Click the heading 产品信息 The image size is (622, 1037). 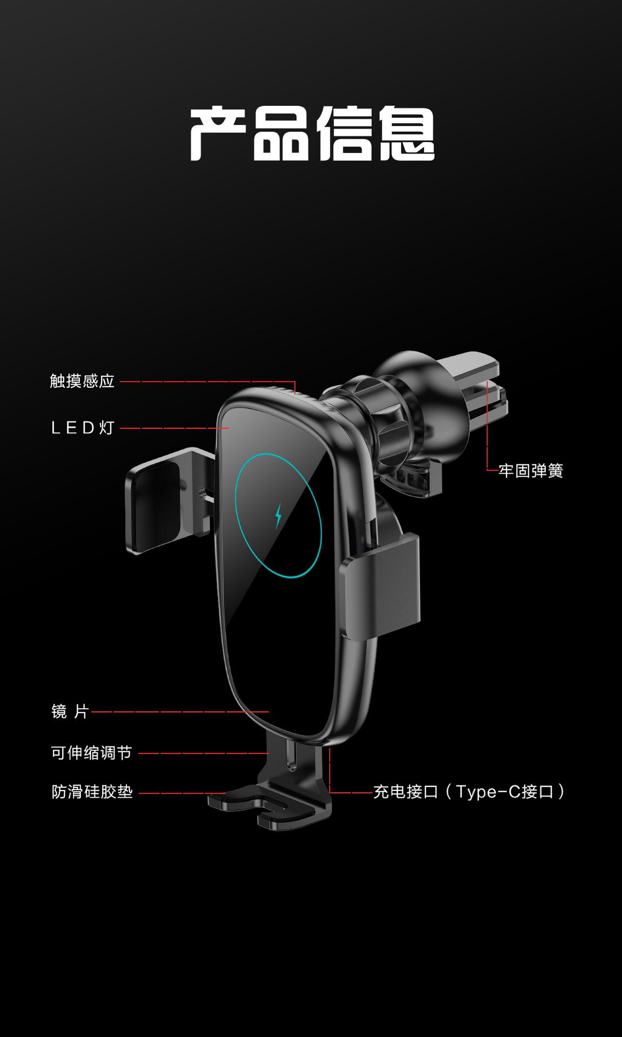(x=312, y=133)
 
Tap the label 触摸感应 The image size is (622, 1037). (x=82, y=381)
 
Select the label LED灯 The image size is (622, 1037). (x=82, y=428)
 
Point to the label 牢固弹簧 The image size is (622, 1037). (x=531, y=471)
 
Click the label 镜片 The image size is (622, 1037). (x=70, y=712)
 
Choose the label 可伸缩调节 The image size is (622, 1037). (x=91, y=753)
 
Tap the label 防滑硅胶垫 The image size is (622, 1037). (x=92, y=792)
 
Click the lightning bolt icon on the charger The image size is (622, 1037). (x=279, y=516)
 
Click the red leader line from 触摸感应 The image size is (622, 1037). (x=205, y=381)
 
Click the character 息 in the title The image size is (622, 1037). (x=406, y=133)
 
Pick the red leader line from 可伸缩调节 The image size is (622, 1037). (x=203, y=753)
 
